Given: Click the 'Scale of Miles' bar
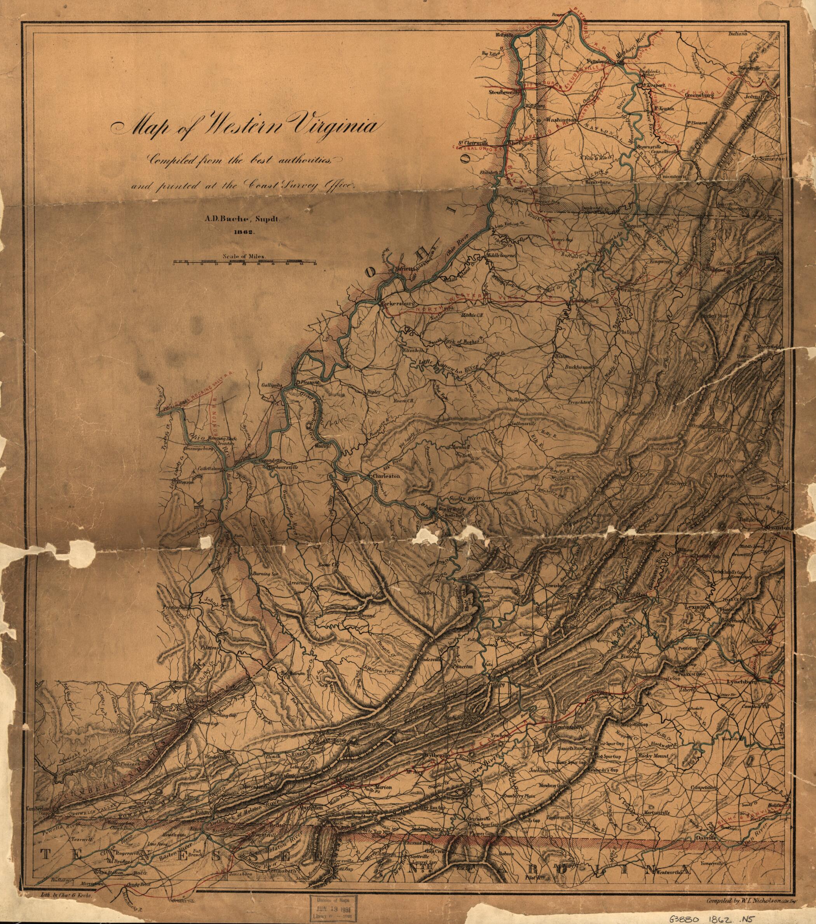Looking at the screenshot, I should coord(245,261).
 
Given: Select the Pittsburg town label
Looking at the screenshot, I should coord(598,60).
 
